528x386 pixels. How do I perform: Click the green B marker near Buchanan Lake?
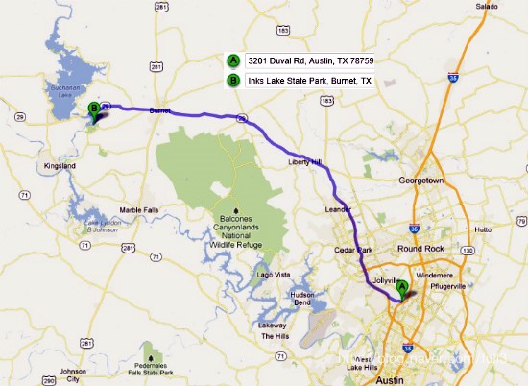[x=93, y=109]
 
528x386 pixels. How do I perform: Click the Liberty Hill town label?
[x=306, y=162]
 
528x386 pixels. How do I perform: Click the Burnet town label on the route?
[x=159, y=110]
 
